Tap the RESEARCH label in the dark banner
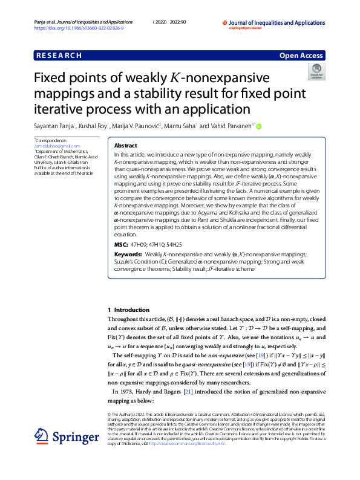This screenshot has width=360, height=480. (x=59, y=56)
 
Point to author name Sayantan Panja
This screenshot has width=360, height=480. (x=53, y=126)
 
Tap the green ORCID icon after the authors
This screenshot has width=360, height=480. (x=259, y=126)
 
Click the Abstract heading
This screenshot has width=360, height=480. (x=126, y=146)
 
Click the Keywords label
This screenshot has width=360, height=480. (x=128, y=255)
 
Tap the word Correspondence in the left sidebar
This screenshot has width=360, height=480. (x=48, y=141)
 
